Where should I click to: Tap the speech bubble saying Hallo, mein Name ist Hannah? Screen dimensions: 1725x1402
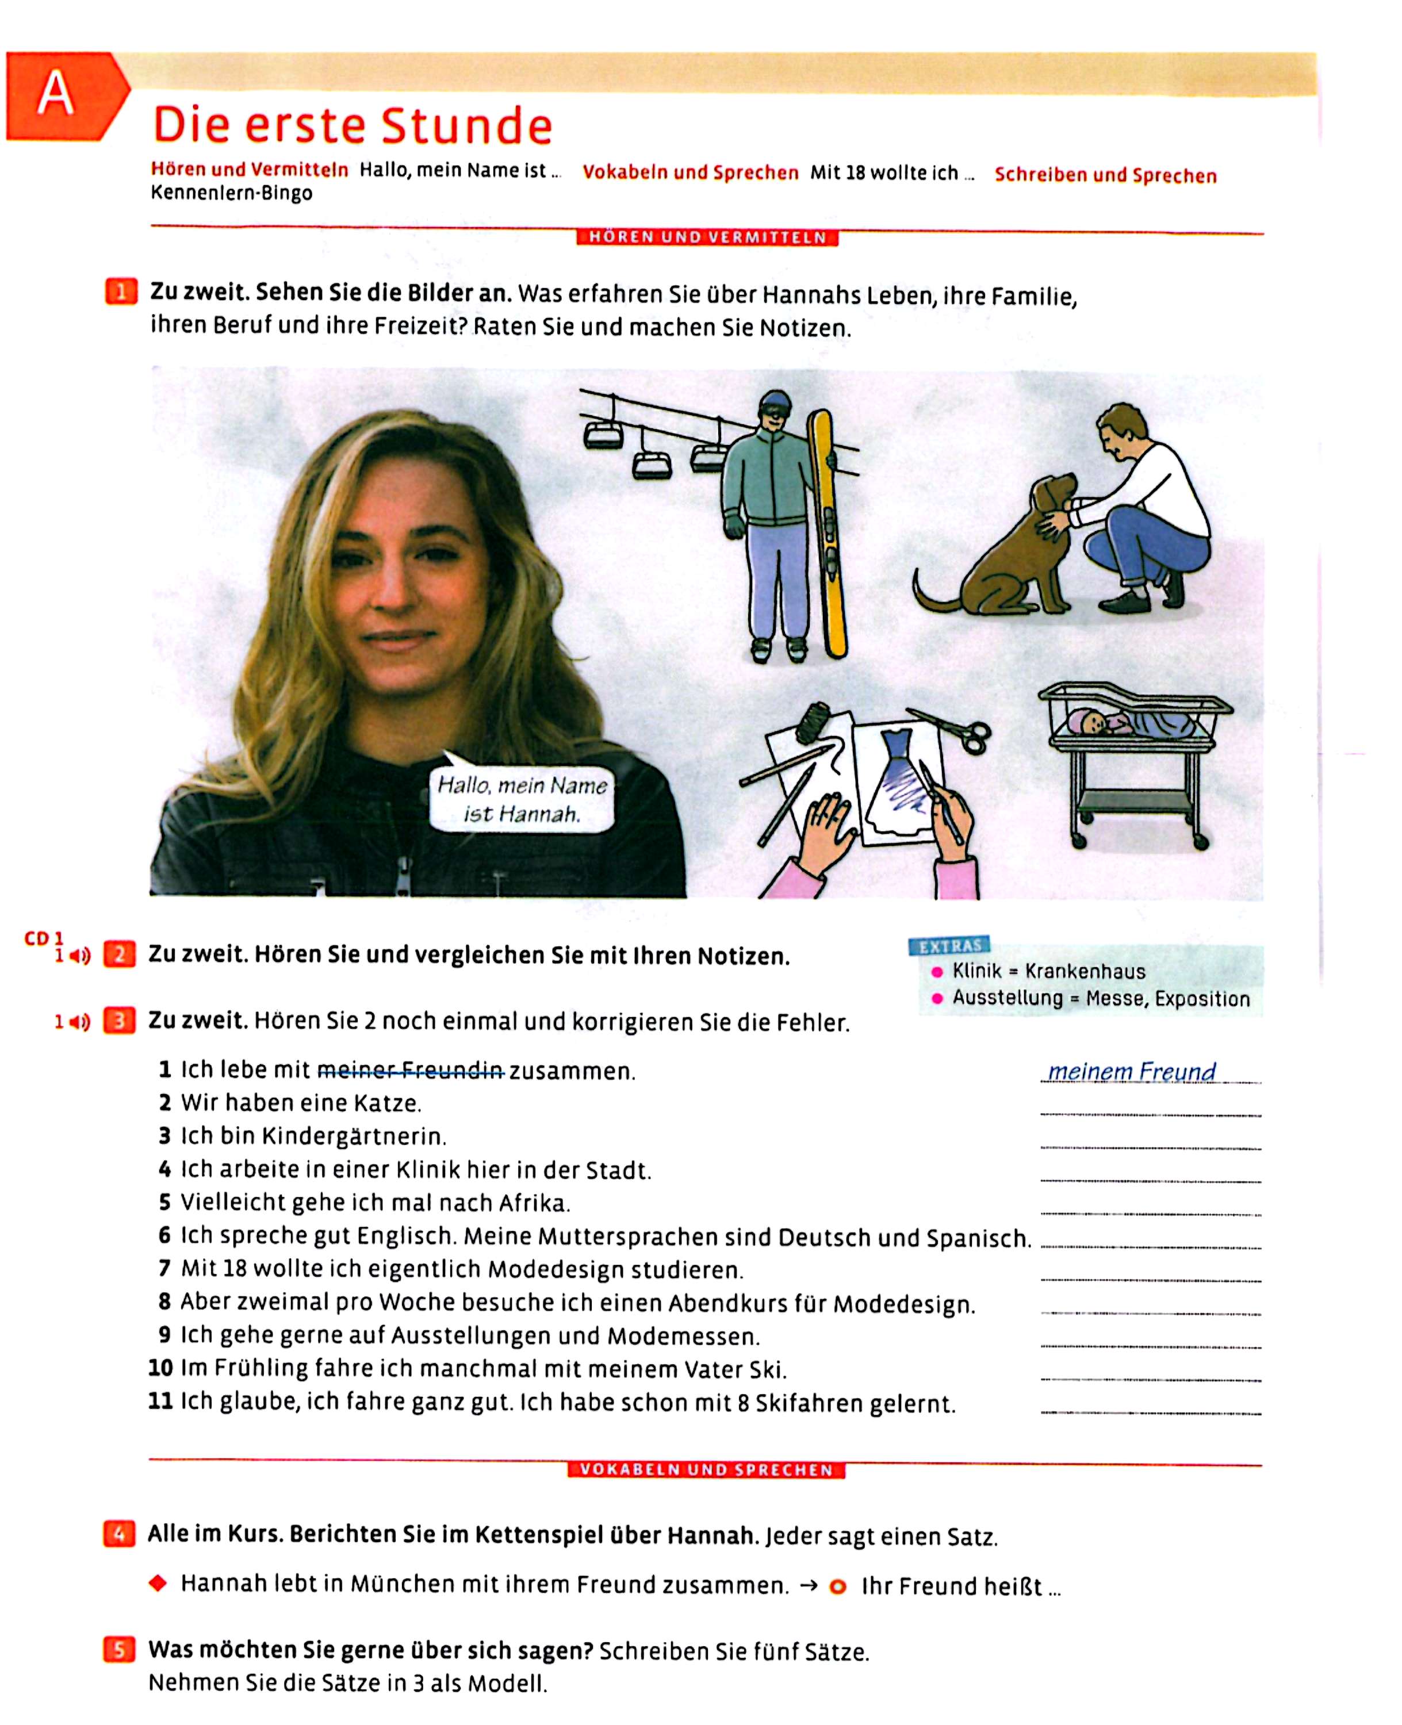522,798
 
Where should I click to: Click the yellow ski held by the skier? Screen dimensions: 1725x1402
829,533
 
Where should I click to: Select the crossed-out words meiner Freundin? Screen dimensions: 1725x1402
411,1071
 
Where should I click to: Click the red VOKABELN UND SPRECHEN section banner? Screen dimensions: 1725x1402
706,1470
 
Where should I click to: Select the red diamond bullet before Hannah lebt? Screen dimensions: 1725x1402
158,1583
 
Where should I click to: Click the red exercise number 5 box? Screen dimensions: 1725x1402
118,1650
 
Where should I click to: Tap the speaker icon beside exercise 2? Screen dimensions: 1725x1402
79,956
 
